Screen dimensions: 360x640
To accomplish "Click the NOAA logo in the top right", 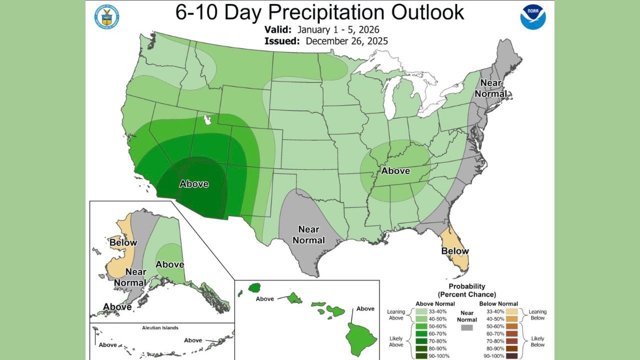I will click(x=532, y=16).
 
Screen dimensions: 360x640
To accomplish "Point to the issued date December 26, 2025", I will click(x=346, y=41).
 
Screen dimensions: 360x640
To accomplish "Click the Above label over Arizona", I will click(x=194, y=184).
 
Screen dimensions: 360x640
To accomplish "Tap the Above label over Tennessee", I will click(x=395, y=171).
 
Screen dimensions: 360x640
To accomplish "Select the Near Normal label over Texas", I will click(x=308, y=234).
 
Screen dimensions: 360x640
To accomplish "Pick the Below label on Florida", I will click(x=455, y=250).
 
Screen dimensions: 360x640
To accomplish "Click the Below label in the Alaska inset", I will click(x=123, y=242).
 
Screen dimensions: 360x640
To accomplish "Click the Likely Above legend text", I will click(x=395, y=341).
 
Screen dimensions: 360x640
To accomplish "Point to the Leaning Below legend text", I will click(x=538, y=315).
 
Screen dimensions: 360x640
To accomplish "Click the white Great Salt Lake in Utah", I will click(x=206, y=120).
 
